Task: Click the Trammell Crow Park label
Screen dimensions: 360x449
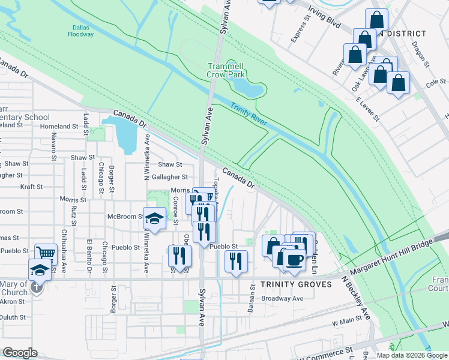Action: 226,70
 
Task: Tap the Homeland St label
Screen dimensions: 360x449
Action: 59,127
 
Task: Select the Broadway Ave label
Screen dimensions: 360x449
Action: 282,298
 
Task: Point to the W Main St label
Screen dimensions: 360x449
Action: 348,323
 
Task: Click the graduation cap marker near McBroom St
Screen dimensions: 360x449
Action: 154,219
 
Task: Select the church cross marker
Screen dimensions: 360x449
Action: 37,287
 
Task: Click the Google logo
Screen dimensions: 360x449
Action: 20,353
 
